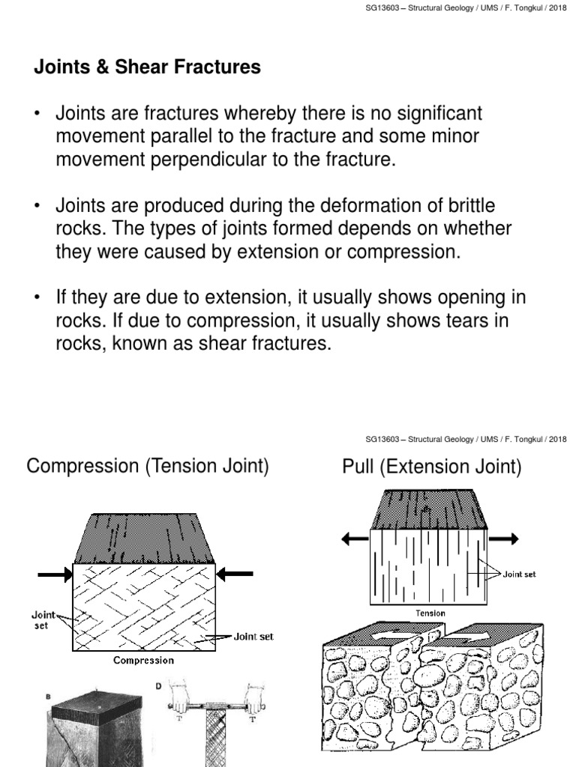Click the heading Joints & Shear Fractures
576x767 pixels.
tap(147, 67)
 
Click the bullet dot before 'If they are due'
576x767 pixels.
tap(37, 298)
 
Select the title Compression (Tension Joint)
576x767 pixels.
tap(147, 467)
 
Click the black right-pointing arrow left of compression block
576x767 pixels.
tap(55, 575)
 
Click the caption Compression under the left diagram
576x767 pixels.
tap(143, 660)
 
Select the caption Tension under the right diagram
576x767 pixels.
tap(430, 613)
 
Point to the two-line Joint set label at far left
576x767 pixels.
tap(43, 619)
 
